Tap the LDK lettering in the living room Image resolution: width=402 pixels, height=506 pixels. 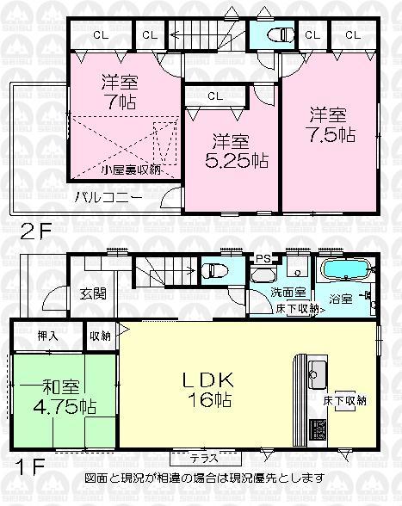coord(211,378)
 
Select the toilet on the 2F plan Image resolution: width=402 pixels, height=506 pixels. coord(281,35)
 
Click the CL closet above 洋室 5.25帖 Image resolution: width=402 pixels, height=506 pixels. coord(214,96)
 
